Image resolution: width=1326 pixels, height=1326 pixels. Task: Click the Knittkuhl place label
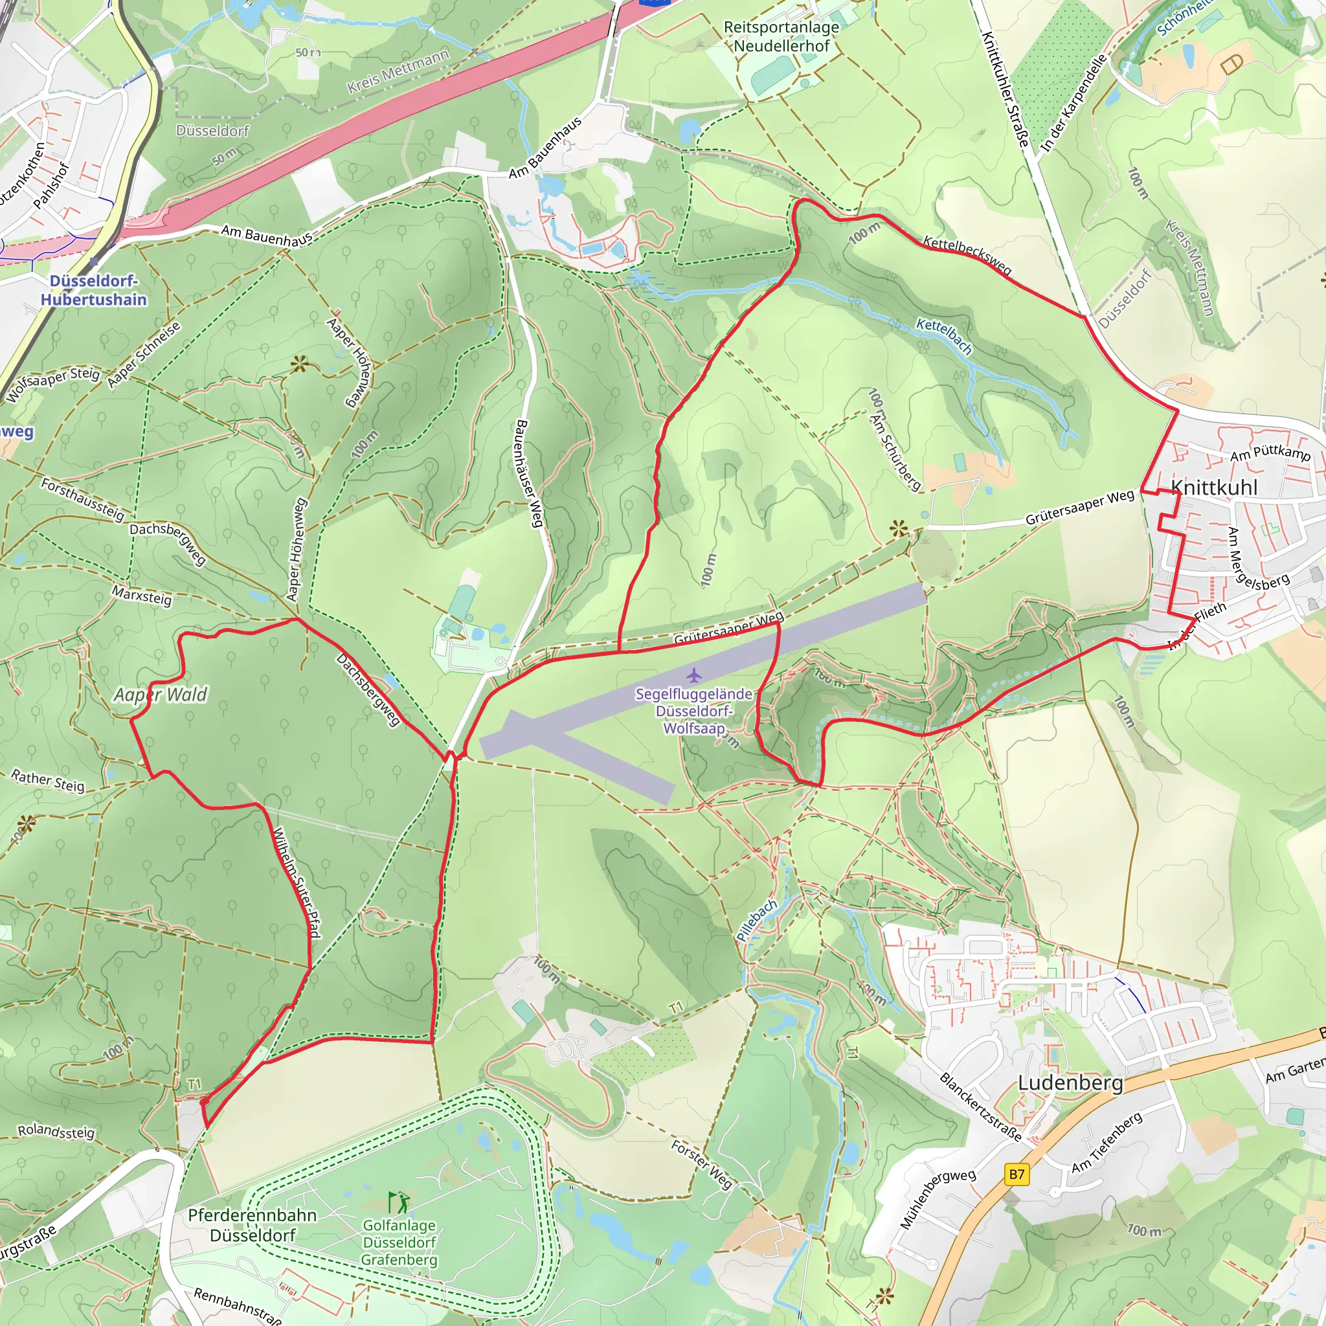click(x=1214, y=488)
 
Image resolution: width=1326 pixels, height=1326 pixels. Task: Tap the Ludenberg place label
click(x=1070, y=1083)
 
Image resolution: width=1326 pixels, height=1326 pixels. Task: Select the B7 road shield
click(x=1017, y=1174)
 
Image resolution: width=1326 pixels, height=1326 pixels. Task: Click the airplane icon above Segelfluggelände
click(x=695, y=675)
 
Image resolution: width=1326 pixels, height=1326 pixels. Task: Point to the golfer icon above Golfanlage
click(x=399, y=1202)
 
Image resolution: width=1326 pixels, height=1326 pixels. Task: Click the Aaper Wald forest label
click(x=161, y=695)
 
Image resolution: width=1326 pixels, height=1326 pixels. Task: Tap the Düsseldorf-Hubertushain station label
click(x=93, y=290)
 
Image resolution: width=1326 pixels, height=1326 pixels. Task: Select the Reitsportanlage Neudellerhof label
click(x=781, y=36)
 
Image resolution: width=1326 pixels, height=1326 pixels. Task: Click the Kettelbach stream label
click(x=945, y=336)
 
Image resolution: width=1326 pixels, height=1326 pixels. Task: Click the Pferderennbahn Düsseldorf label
click(x=253, y=1225)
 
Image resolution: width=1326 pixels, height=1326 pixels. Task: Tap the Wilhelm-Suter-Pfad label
click(x=297, y=882)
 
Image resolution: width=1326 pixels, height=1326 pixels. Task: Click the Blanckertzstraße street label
click(x=980, y=1107)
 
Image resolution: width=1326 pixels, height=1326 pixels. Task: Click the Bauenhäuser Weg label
click(x=529, y=473)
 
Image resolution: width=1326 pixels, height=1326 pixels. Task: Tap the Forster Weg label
click(x=701, y=1164)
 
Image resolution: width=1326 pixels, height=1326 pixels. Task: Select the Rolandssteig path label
click(x=56, y=1131)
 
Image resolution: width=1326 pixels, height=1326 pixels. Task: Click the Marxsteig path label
click(x=141, y=595)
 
